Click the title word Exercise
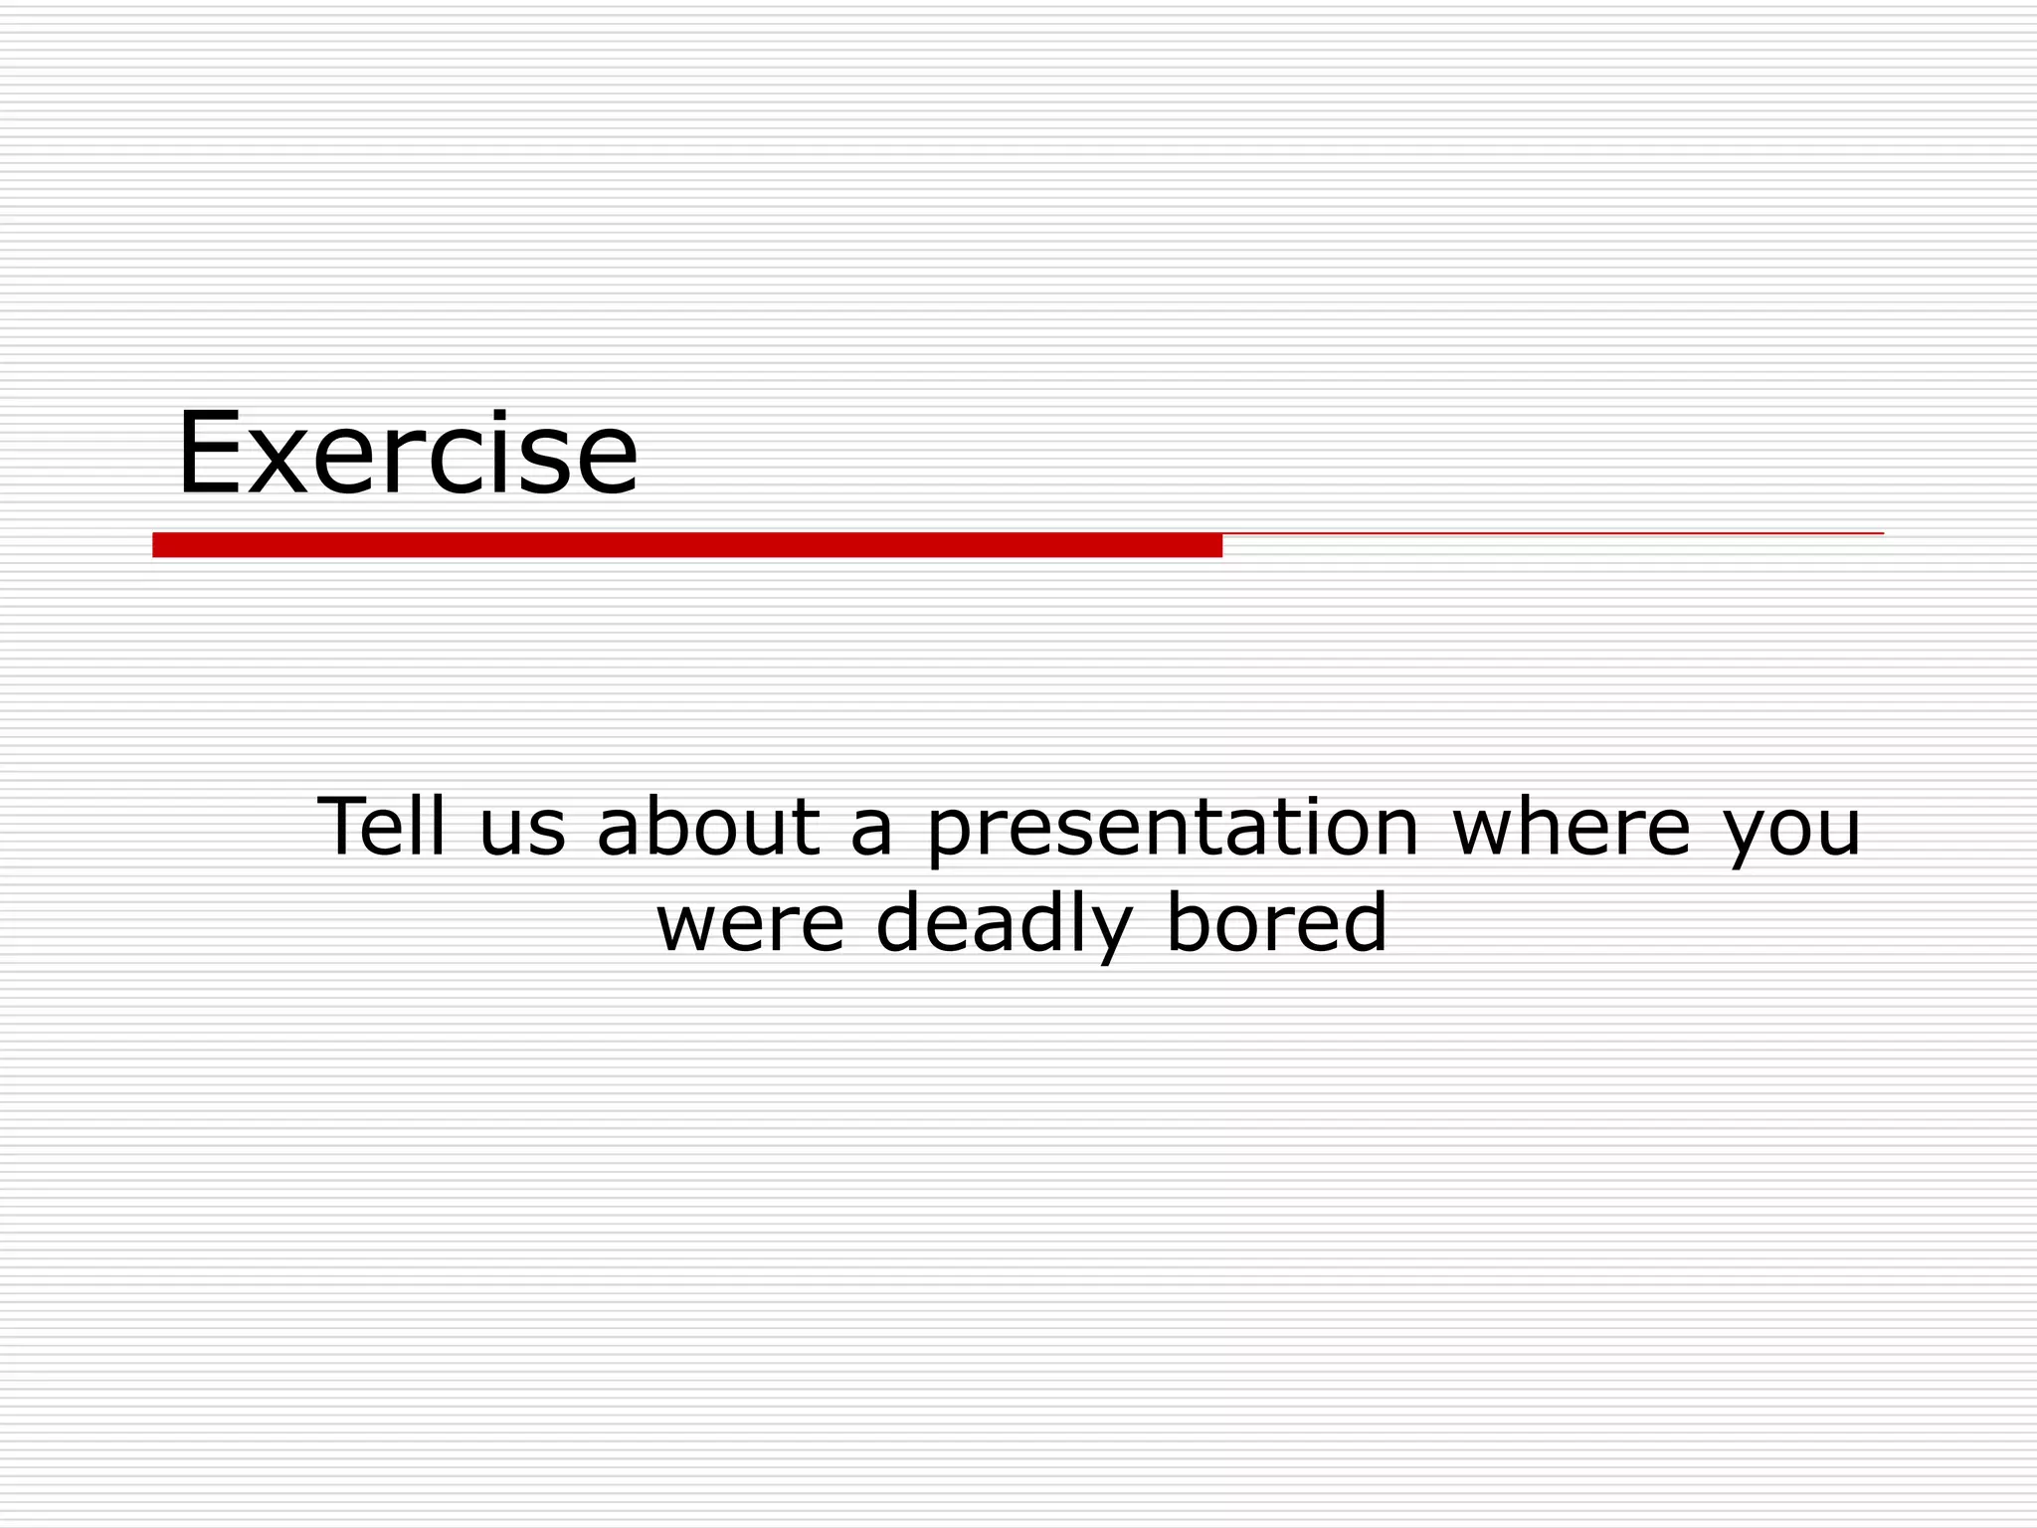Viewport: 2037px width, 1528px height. tap(407, 454)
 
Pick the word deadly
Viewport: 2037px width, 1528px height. tap(1005, 923)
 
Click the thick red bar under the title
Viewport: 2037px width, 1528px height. tap(686, 545)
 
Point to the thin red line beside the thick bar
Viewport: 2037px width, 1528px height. tap(1552, 534)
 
